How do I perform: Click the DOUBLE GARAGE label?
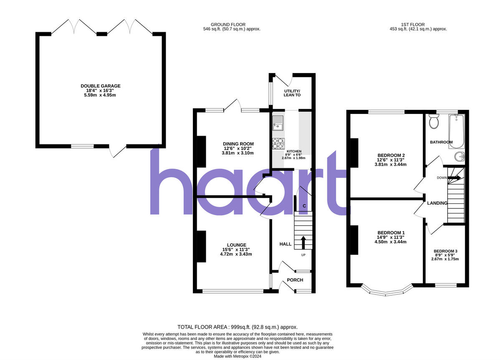(x=101, y=86)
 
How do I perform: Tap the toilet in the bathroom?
(x=434, y=122)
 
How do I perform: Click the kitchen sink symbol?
(x=278, y=123)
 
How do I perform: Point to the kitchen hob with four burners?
(x=278, y=143)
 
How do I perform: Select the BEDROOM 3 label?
(x=445, y=251)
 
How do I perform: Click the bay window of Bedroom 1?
(x=386, y=292)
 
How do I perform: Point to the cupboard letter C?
(x=304, y=206)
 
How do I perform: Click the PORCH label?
(x=295, y=280)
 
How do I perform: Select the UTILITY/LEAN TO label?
(x=292, y=93)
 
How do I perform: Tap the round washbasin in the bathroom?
(x=459, y=157)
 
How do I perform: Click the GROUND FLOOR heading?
(x=228, y=24)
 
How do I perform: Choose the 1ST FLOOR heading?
(x=418, y=24)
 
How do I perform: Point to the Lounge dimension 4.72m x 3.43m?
(x=237, y=254)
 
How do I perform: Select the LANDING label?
(x=437, y=203)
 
